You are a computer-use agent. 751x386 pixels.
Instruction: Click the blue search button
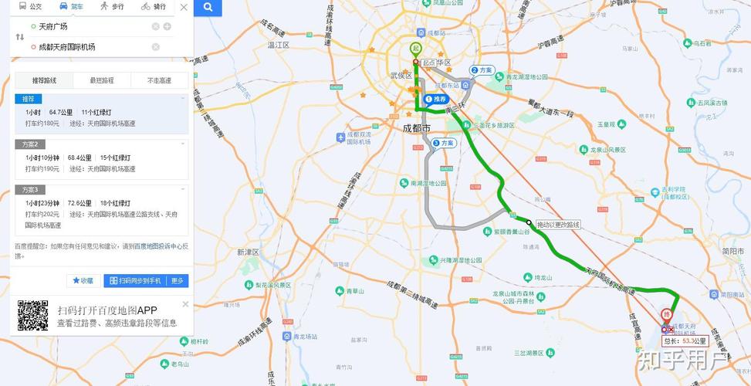click(x=208, y=8)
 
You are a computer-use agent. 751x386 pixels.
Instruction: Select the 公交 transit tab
click(x=30, y=6)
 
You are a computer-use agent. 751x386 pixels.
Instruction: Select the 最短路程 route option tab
click(x=102, y=80)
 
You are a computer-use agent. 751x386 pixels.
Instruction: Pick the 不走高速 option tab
click(x=160, y=80)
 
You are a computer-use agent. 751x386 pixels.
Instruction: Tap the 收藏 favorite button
click(x=83, y=281)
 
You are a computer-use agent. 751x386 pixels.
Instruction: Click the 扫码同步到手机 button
click(x=135, y=281)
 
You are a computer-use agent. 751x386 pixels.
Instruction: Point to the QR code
click(x=33, y=315)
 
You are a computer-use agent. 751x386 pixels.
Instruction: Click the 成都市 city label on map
click(x=417, y=127)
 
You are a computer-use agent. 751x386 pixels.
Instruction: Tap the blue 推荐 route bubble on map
click(x=436, y=100)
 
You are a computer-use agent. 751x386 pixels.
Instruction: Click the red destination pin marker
click(x=666, y=316)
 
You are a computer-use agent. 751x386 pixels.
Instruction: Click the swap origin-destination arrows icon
click(x=20, y=36)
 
